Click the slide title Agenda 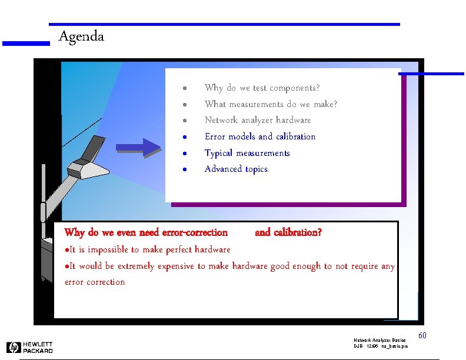[81, 36]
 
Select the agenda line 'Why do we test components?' [262, 88]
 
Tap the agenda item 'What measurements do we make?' [271, 104]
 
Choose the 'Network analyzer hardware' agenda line [258, 120]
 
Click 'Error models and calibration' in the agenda [260, 136]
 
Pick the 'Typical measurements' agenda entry [247, 153]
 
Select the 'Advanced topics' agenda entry [236, 169]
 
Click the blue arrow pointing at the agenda [138, 148]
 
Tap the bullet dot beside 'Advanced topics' [184, 169]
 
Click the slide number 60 [422, 335]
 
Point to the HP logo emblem [14, 348]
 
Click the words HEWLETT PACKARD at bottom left [38, 348]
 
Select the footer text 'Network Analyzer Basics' [380, 341]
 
